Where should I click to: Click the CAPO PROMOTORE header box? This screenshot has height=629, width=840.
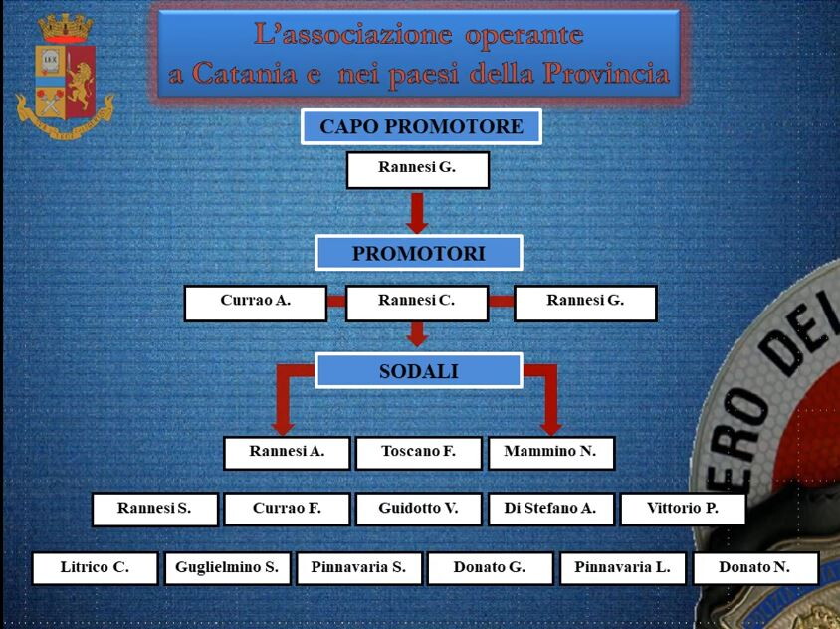pos(421,127)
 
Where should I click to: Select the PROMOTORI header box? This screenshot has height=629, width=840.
pos(419,253)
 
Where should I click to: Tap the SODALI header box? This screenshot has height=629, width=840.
pos(419,371)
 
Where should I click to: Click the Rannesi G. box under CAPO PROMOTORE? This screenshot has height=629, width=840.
pos(417,169)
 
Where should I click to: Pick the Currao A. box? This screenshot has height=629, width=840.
pos(256,303)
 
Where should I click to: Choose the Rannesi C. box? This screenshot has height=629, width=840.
pos(417,303)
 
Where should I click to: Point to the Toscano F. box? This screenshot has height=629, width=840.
pos(418,452)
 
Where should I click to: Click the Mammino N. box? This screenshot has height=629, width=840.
pos(550,452)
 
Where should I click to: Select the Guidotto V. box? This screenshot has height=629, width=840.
pos(418,509)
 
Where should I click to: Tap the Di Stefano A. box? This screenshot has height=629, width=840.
pos(550,509)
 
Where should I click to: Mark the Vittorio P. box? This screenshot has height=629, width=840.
pos(683,509)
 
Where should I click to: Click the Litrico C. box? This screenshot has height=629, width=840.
pos(95,568)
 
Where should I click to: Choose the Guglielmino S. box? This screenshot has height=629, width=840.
pos(227,568)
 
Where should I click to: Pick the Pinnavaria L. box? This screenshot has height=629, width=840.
pos(623,568)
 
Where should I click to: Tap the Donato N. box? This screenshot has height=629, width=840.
pos(754,568)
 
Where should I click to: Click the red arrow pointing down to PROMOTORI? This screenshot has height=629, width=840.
pos(417,213)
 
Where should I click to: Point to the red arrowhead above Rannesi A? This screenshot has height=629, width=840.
pos(287,422)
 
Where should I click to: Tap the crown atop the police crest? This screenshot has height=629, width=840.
pos(66,26)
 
